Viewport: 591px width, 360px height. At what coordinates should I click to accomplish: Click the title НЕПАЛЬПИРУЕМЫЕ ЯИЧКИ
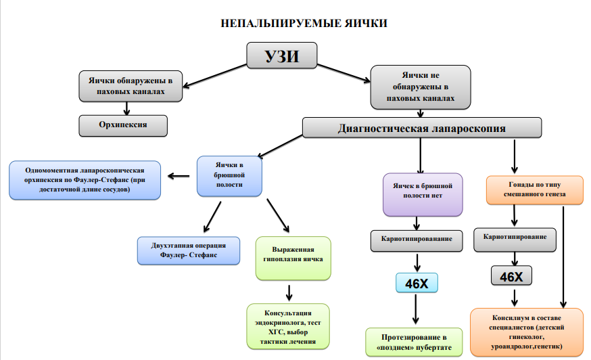304,24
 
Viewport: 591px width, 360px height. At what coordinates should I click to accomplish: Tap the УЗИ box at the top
281,55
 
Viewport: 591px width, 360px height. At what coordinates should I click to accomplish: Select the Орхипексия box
123,126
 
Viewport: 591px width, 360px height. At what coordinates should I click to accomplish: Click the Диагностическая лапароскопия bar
422,128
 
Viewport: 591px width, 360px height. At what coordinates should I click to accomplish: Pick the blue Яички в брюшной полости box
229,176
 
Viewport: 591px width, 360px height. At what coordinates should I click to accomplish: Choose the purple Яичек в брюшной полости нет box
423,195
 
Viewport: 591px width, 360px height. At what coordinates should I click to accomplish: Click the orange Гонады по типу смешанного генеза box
534,189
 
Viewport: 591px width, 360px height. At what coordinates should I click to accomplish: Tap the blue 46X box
417,283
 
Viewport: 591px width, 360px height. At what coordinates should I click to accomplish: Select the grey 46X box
511,276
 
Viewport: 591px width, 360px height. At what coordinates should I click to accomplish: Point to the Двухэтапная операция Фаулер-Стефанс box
189,250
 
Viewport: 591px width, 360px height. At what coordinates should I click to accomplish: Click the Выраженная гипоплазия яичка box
293,258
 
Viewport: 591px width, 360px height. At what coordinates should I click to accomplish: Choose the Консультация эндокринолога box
288,327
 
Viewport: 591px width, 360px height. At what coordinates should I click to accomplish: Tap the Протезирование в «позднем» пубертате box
414,342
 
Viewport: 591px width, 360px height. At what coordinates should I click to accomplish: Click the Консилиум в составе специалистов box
527,332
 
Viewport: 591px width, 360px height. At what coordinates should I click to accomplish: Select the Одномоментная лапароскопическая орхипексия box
85,180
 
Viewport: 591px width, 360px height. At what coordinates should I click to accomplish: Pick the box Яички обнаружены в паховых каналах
131,86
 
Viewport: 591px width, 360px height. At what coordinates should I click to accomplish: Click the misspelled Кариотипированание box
417,241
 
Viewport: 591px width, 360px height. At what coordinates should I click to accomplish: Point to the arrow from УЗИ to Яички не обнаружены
344,73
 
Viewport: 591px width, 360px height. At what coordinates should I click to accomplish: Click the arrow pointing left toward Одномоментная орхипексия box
179,176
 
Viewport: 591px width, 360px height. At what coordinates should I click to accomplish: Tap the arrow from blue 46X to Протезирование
416,309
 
